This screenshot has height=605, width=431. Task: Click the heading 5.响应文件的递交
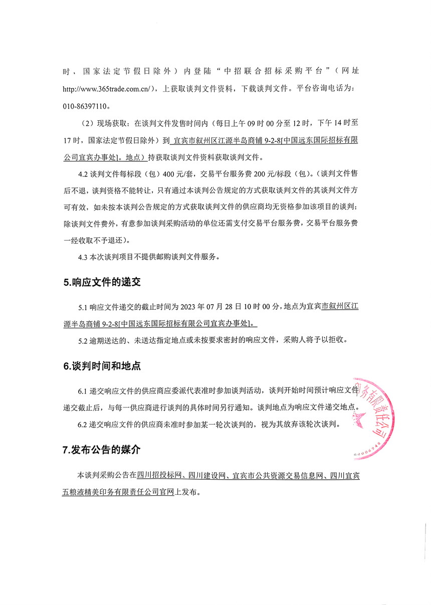tap(102, 282)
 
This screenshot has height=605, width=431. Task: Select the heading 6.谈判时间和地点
tap(102, 366)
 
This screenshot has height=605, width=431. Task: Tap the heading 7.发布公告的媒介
tap(102, 450)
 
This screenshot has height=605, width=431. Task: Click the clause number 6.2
tap(83, 425)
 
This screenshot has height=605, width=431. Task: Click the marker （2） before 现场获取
tap(87, 123)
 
